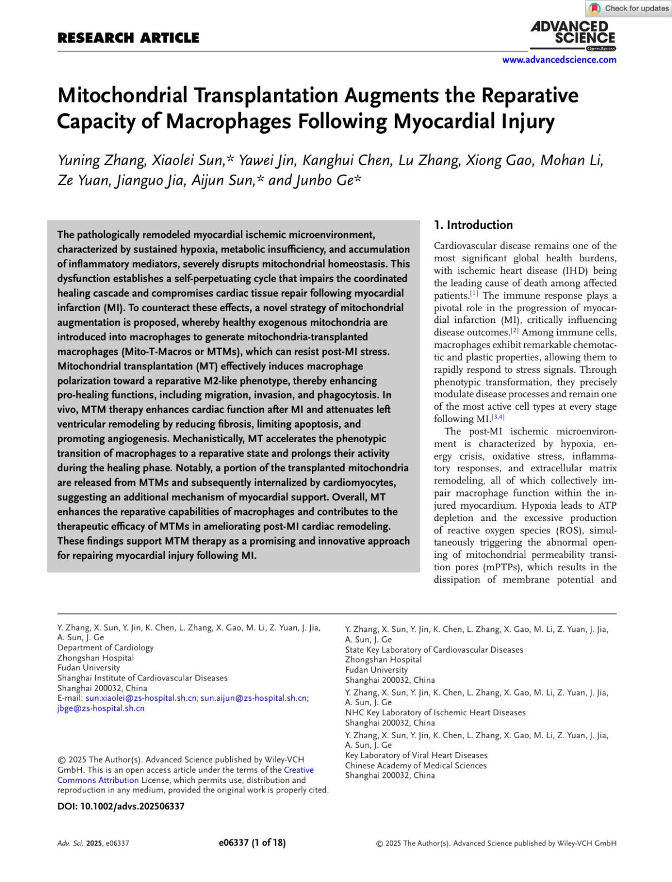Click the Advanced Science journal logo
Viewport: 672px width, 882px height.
[x=572, y=35]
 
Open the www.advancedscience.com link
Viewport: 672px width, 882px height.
[x=559, y=60]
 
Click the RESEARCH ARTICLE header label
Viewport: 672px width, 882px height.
[x=128, y=38]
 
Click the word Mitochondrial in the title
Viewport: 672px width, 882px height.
[x=123, y=96]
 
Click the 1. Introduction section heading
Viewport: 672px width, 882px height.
[x=473, y=225]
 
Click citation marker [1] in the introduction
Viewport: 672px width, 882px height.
[x=474, y=293]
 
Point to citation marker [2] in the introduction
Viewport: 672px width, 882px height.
[x=514, y=330]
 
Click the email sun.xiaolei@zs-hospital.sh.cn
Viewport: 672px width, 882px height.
[x=141, y=698]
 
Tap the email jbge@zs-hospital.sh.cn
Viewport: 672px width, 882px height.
[x=101, y=708]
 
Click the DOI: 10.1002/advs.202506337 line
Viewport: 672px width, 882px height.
[x=121, y=806]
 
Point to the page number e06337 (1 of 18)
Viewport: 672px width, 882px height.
[x=252, y=842]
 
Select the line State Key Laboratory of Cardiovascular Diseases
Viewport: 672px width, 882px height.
[x=434, y=650]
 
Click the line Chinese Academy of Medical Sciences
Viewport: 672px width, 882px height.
[x=416, y=765]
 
